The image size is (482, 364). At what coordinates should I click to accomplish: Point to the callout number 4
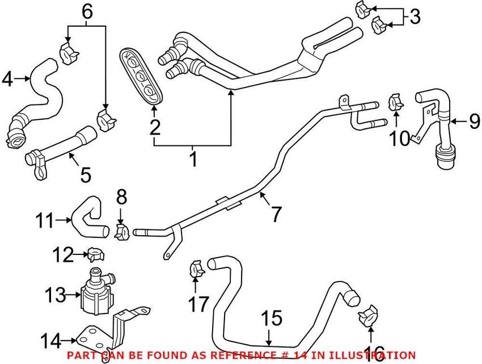pos(8,79)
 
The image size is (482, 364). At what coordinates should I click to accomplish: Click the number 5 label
pos(85,174)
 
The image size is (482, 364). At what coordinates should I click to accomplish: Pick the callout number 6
pos(86,10)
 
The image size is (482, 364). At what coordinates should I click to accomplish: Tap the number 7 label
pos(276,214)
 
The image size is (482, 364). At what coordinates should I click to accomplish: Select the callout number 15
pos(273,319)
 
